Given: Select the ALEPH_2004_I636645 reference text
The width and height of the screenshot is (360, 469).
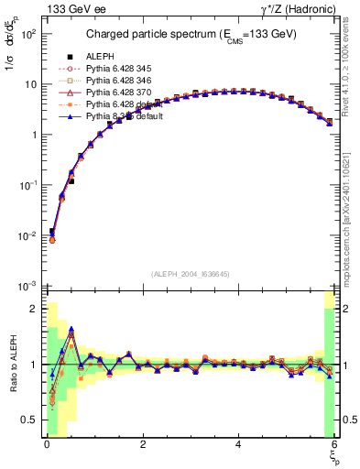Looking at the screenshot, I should [x=190, y=274].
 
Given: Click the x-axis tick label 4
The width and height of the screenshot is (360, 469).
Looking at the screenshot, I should [x=238, y=445].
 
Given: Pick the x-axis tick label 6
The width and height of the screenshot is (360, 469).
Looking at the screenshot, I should [x=334, y=445].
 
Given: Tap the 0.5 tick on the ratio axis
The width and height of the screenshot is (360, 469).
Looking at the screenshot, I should [x=28, y=420].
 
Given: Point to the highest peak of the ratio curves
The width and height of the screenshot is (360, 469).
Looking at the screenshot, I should [x=71, y=331].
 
